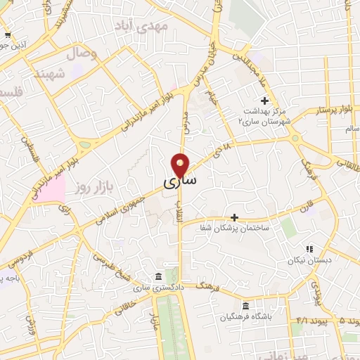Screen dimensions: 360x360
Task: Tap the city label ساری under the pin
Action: click(x=181, y=181)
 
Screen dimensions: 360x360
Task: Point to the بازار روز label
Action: click(x=95, y=188)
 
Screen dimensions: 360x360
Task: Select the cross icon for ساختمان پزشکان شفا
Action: click(x=234, y=217)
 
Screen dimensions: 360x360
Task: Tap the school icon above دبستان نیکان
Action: click(x=309, y=249)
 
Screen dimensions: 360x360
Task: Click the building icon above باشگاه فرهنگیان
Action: click(x=245, y=306)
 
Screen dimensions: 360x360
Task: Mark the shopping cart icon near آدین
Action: click(x=7, y=34)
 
